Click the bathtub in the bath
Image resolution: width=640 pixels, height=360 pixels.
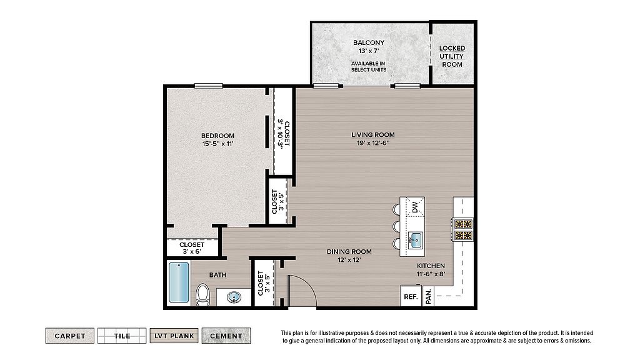coord(179,282)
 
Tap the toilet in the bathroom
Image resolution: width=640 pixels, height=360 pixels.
coord(202,295)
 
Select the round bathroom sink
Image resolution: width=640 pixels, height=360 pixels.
coord(234,297)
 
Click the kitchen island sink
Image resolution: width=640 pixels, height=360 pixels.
coord(416,239)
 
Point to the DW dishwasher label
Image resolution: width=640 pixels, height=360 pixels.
coord(415,207)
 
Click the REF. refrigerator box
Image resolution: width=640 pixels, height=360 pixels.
coord(411,296)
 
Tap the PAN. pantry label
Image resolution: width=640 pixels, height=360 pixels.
coord(428,296)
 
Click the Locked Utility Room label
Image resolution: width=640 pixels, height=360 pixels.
coord(452,56)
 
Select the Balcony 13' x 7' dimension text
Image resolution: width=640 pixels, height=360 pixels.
coord(369,51)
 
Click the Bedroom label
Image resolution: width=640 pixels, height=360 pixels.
coord(218,136)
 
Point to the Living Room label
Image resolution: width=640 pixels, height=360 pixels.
coord(373,135)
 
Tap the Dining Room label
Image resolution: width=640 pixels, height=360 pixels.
coord(349,252)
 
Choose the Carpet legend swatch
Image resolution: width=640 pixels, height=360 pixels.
coord(70,336)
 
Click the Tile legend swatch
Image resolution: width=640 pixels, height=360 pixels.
coord(122,336)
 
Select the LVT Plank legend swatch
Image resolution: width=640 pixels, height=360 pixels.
coord(174,336)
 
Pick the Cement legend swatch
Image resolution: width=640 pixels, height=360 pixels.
coord(226,336)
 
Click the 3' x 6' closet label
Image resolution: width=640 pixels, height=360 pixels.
coord(192,252)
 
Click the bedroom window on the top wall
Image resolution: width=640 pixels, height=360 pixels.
coord(209,86)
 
